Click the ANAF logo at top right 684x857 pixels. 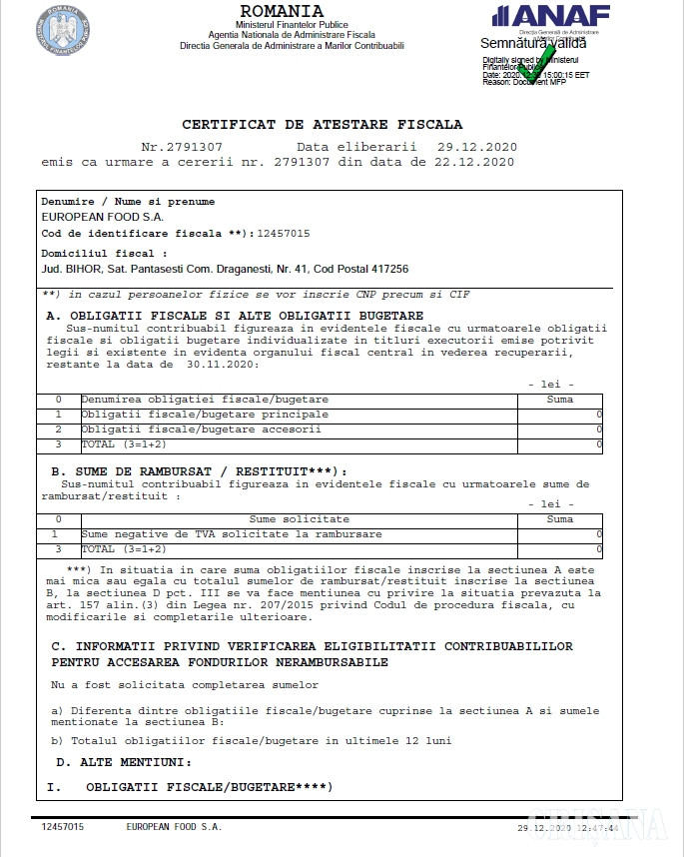(x=550, y=16)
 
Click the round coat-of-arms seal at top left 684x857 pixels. (x=63, y=29)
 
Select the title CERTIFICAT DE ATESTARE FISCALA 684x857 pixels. (x=322, y=125)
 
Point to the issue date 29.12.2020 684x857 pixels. (x=473, y=146)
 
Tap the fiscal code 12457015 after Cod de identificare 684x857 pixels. (x=284, y=234)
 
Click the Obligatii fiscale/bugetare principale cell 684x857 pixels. (x=205, y=414)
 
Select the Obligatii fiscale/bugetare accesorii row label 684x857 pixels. (x=202, y=428)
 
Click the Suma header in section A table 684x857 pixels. (x=560, y=400)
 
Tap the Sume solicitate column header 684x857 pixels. (x=299, y=519)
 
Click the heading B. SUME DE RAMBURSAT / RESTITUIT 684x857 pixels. (x=199, y=470)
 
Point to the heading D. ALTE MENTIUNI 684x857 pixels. (x=122, y=762)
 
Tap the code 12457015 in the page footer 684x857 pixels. (x=63, y=827)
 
